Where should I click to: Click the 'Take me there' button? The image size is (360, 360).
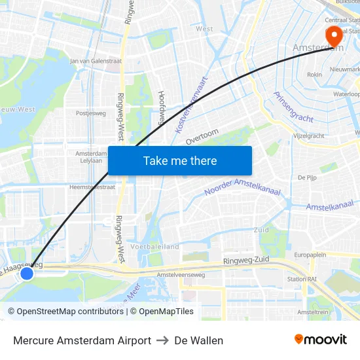tap(179, 160)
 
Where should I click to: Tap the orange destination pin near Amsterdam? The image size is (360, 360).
tap(334, 35)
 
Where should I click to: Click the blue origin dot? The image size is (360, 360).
tap(27, 273)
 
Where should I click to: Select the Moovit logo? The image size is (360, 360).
tap(320, 340)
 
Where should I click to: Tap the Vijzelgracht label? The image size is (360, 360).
tap(308, 136)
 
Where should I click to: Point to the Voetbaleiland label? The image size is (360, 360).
tap(154, 247)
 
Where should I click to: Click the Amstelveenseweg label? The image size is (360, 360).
tap(181, 275)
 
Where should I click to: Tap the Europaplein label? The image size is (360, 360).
tap(310, 254)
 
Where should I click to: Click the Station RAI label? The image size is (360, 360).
tap(302, 279)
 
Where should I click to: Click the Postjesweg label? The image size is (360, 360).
tap(91, 113)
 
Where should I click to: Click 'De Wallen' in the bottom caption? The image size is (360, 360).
tap(198, 340)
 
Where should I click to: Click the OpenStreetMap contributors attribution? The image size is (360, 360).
tap(66, 312)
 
